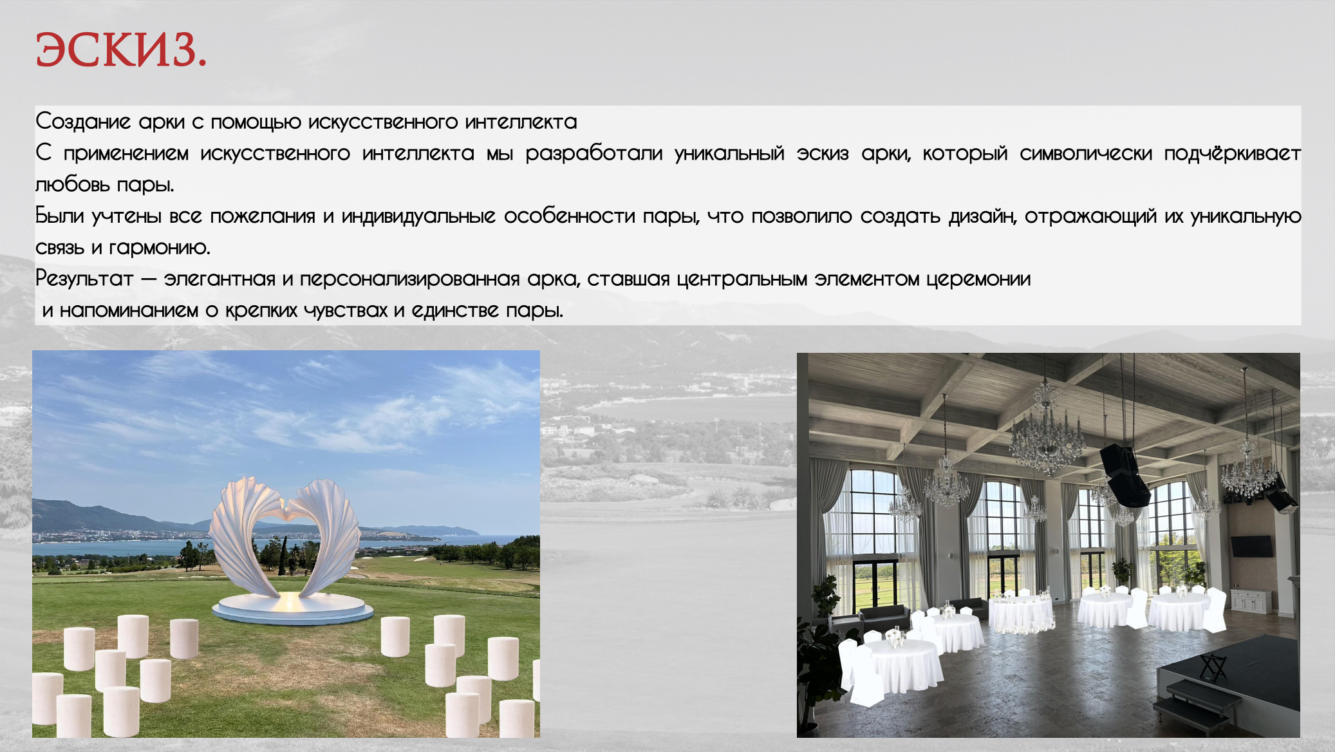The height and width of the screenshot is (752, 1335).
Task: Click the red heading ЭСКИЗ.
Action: click(121, 50)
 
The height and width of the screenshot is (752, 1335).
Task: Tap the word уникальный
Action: click(729, 153)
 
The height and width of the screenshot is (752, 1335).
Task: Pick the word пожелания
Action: click(263, 216)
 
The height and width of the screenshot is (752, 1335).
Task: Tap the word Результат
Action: click(84, 279)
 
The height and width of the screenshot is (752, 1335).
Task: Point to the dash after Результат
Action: click(148, 279)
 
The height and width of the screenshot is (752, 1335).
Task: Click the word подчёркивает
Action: click(1232, 153)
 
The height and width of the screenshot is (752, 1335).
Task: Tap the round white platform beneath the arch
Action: click(293, 608)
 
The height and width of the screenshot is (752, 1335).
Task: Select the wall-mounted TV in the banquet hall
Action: click(1252, 547)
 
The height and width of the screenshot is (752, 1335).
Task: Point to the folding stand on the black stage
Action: click(1213, 667)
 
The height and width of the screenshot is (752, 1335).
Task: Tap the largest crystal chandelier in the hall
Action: click(1047, 438)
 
